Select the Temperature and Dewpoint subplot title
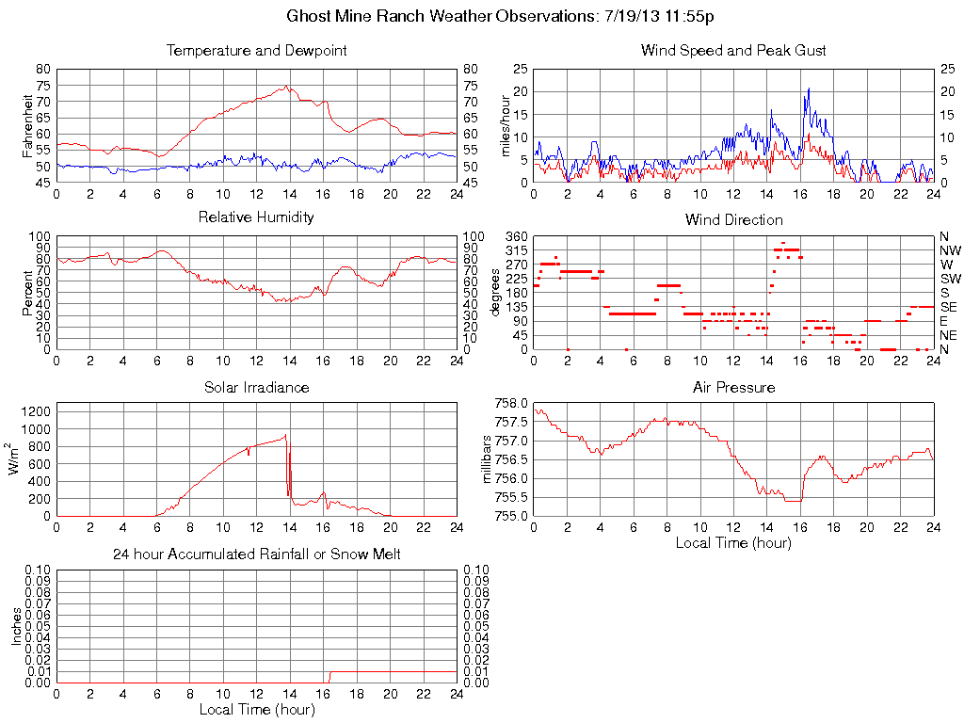tap(256, 51)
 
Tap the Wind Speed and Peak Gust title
tap(733, 51)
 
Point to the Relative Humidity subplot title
tap(256, 217)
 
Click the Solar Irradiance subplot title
tap(256, 387)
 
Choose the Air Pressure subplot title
tap(733, 387)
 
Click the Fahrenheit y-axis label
tap(28, 125)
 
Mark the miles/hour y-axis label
tap(506, 125)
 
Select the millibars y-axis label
tap(487, 459)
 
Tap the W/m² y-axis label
tap(16, 459)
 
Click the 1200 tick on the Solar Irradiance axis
tap(37, 411)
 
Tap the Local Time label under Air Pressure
tap(733, 542)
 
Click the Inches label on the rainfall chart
tap(16, 626)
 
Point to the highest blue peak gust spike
tap(808, 89)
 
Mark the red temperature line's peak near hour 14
tap(286, 86)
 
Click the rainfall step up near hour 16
tap(329, 673)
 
